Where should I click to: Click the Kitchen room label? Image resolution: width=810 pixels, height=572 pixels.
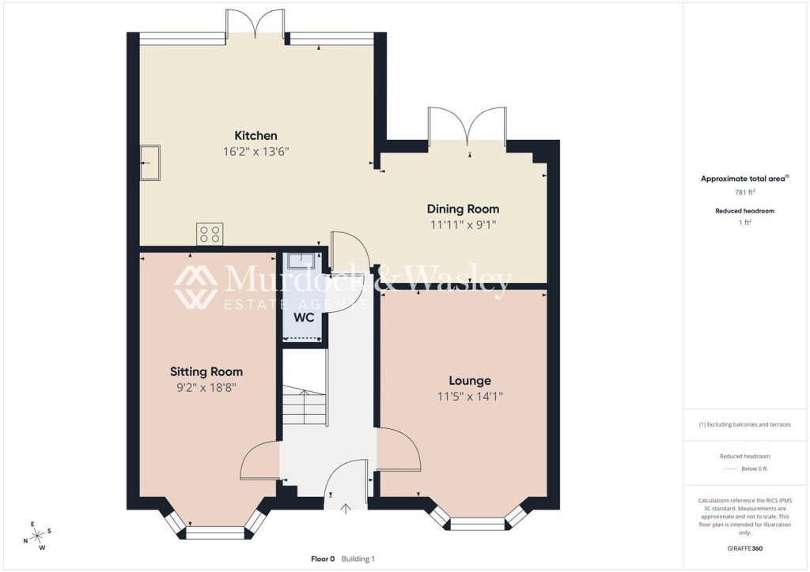coord(255,136)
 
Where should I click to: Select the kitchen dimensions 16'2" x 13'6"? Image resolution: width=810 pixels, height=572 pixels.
coord(255,152)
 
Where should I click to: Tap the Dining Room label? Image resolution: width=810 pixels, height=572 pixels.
coord(463,209)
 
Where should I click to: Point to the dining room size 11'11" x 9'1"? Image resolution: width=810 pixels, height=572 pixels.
coord(463,225)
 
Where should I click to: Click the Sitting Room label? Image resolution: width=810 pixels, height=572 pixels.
coord(206,372)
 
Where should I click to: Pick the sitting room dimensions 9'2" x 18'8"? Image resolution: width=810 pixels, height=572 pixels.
coord(206,388)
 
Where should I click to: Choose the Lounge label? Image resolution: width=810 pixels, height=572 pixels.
coord(470,381)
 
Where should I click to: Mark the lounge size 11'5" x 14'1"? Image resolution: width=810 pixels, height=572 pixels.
coord(470,397)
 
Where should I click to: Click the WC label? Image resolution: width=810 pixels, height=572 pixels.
coord(304,318)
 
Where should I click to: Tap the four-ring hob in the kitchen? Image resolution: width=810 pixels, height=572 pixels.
coord(210,234)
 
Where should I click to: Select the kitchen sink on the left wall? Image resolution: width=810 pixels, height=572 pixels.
coord(150,163)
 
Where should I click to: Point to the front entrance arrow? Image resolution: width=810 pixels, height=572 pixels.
coord(346,510)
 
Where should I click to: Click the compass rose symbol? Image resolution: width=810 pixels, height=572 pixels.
coord(38,536)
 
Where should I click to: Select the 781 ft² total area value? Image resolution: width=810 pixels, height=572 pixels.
coord(744,193)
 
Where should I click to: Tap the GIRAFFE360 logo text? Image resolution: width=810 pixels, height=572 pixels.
coord(744,548)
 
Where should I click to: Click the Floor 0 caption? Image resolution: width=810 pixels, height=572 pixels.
coord(323,559)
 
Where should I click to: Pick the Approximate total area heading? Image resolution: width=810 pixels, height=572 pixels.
coord(744,179)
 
